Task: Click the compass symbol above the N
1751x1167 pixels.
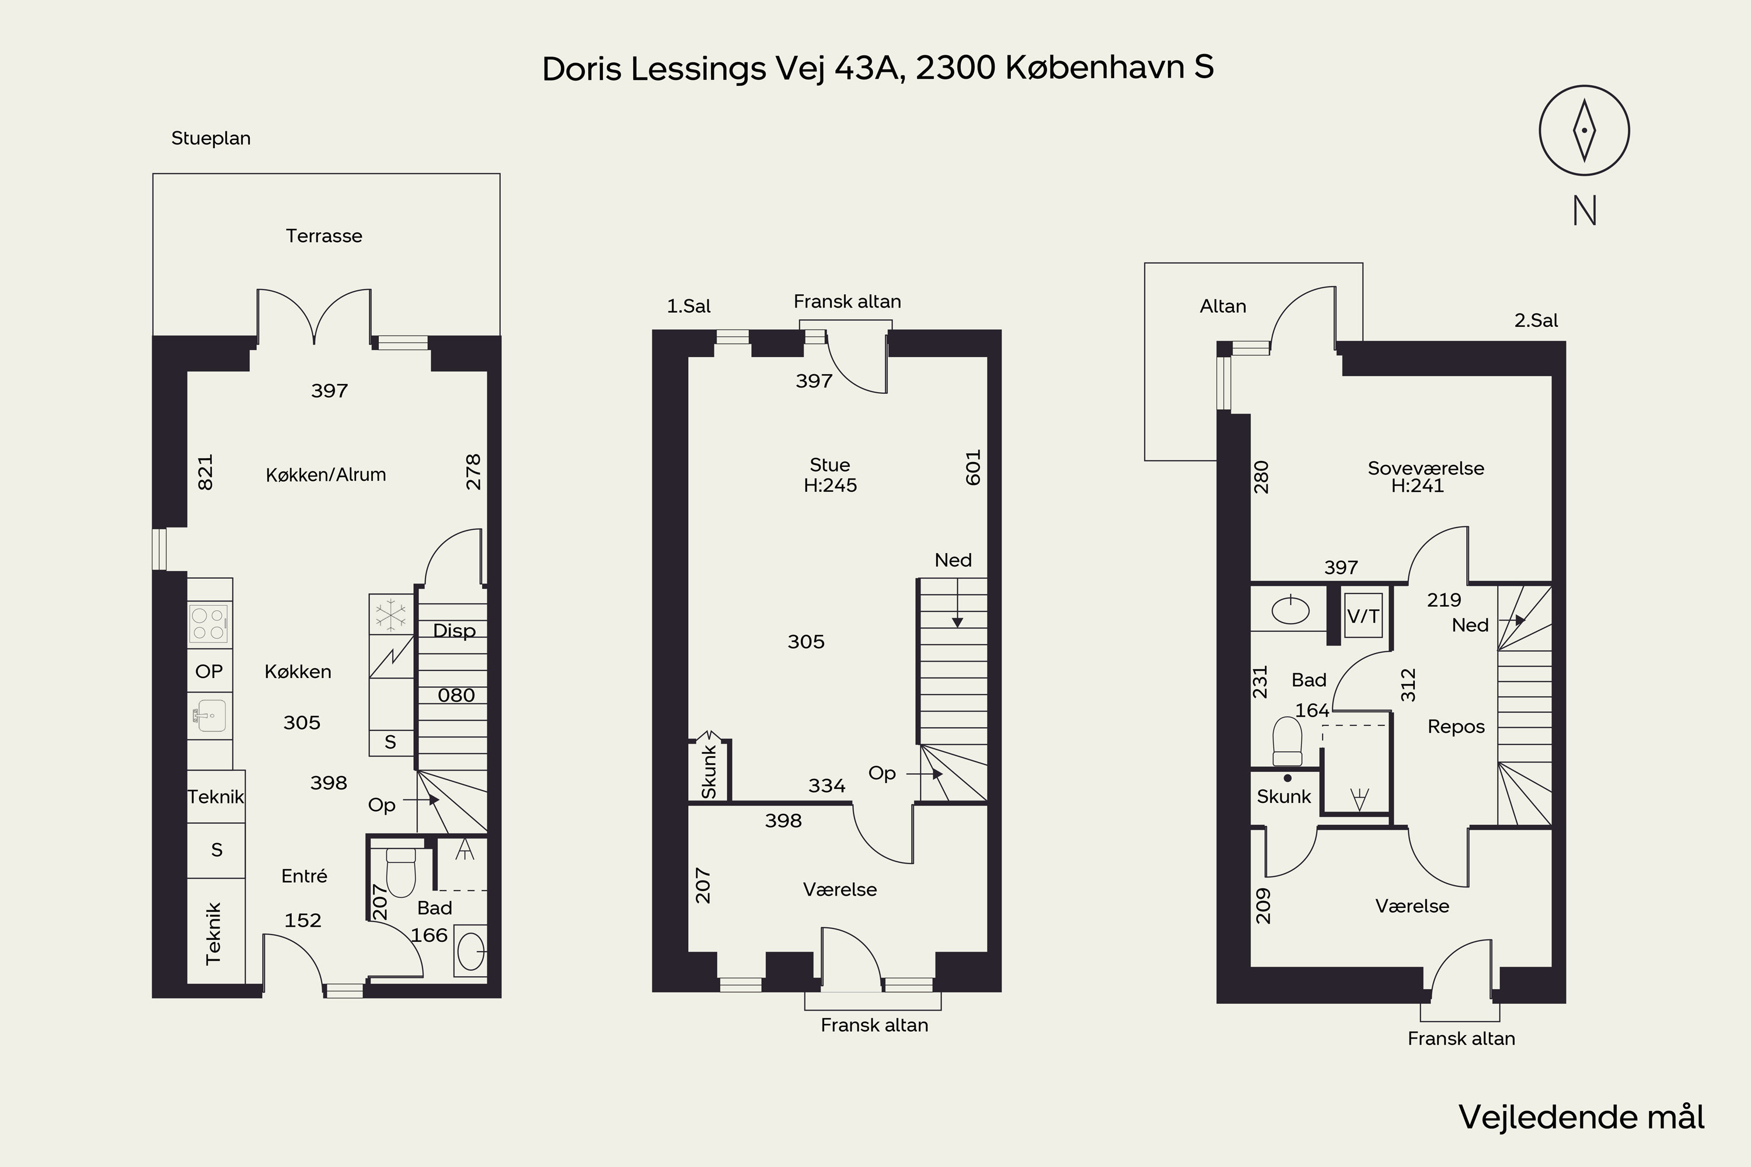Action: point(1584,130)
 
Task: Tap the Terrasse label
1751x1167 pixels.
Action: point(324,236)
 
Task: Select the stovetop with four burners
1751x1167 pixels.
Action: point(209,624)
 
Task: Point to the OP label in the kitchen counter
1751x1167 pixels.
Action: point(209,672)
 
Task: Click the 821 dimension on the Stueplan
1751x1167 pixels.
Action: point(205,472)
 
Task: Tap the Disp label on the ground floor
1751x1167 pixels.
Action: point(454,630)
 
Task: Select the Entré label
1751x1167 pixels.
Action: point(304,876)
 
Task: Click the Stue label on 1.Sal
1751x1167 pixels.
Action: point(829,465)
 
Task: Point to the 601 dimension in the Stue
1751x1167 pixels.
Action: point(973,467)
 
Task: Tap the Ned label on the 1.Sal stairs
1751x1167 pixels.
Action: point(953,560)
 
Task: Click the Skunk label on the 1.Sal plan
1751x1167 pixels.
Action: point(709,772)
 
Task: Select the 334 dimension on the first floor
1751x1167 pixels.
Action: point(826,785)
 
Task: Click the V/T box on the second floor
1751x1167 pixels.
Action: point(1363,616)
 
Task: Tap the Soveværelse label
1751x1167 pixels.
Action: point(1425,468)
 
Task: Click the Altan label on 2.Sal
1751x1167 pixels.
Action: point(1222,306)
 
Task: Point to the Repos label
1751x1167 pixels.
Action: point(1456,726)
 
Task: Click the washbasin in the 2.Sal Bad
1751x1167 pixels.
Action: point(1290,611)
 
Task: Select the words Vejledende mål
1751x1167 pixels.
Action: point(1581,1116)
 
